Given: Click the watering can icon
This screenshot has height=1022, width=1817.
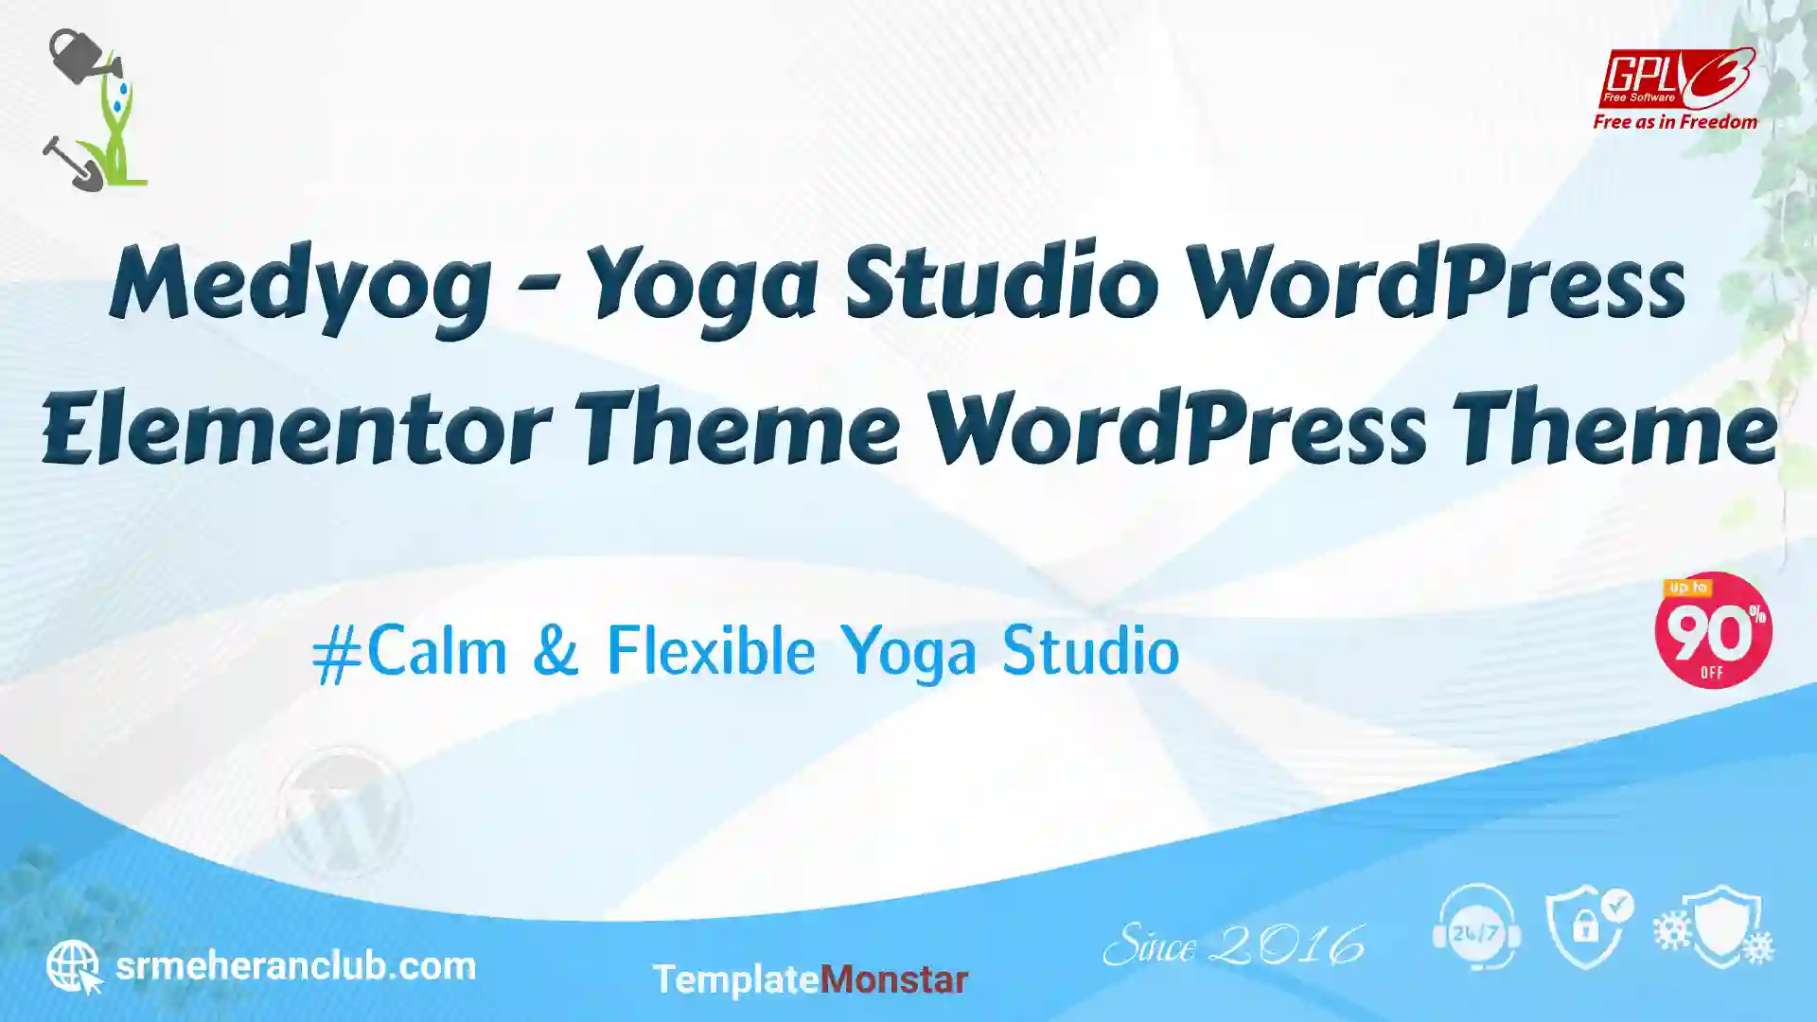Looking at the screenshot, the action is [x=83, y=58].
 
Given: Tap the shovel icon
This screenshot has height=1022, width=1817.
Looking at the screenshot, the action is [x=73, y=164].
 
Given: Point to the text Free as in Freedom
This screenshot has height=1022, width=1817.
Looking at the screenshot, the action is [x=1675, y=122].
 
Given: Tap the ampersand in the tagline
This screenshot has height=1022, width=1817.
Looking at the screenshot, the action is [x=556, y=651].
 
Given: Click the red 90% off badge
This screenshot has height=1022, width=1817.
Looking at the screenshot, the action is [x=1713, y=630].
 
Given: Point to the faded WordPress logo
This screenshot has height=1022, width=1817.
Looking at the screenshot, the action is [x=343, y=812].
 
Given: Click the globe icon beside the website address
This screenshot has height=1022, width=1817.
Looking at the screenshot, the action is [x=74, y=966].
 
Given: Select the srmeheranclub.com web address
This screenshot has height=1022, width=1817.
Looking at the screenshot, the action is [x=295, y=966].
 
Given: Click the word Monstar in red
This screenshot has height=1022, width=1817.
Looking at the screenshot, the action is [x=893, y=979].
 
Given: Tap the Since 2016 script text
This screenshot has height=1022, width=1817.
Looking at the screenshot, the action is [x=1234, y=945].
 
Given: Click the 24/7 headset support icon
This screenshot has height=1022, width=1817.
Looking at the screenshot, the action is [x=1476, y=927].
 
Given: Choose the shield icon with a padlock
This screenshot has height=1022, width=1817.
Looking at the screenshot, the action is [x=1590, y=927].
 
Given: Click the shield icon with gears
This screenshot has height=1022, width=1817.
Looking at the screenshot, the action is [x=1715, y=926].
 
